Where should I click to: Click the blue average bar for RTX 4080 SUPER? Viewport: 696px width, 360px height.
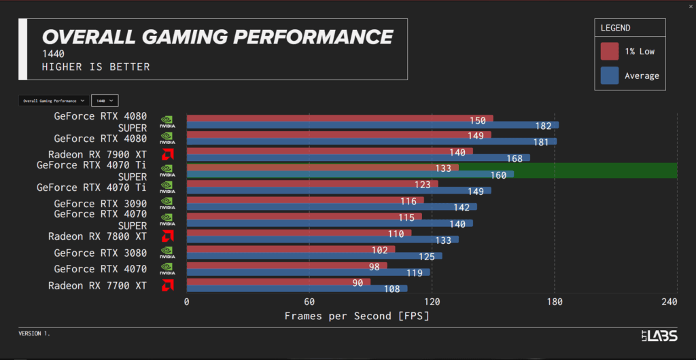pos(372,125)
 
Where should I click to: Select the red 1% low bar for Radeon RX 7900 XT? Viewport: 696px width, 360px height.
pos(329,151)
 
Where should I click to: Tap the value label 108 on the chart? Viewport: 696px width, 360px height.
pos(391,289)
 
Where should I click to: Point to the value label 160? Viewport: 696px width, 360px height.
pos(498,175)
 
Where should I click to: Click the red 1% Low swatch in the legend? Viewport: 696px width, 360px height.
pos(610,52)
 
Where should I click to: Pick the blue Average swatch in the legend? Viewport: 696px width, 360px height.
pos(610,75)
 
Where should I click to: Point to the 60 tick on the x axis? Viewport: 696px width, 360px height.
pos(309,302)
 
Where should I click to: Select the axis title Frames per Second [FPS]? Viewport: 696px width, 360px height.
pos(356,316)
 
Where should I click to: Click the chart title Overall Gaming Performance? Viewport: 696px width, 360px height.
pos(217,37)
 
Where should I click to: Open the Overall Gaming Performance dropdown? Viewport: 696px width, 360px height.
pos(53,101)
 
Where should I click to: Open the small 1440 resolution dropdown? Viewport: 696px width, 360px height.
pos(105,101)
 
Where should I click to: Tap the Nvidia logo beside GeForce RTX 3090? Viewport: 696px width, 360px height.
pos(167,203)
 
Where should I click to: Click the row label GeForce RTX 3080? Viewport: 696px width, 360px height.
pos(100,253)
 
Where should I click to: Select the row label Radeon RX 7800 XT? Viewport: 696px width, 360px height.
pos(97,236)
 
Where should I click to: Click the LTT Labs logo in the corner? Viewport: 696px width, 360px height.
pos(659,334)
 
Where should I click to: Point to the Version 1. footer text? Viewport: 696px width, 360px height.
pos(34,334)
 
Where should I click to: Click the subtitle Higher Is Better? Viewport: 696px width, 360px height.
pos(96,67)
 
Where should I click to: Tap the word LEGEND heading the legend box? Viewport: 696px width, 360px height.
pos(615,29)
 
